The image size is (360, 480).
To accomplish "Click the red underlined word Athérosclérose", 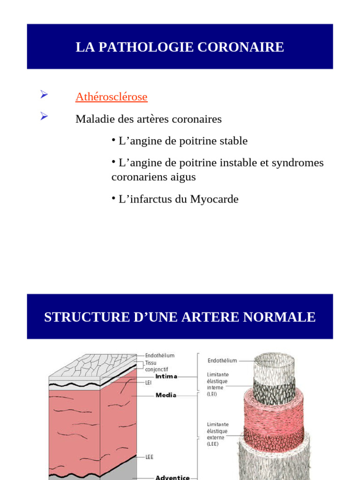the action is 111,97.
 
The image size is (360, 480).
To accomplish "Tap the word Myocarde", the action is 214,199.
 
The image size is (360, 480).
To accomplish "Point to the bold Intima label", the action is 166,376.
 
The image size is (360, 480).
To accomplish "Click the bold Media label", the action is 166,395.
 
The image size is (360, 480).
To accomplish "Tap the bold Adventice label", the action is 172,477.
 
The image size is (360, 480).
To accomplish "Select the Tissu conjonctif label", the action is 156,366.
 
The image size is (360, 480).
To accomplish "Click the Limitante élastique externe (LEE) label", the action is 217,434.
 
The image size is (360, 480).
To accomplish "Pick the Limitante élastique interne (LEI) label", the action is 217,384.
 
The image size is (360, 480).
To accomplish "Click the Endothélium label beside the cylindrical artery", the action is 222,360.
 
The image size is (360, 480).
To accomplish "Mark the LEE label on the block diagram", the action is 149,456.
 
